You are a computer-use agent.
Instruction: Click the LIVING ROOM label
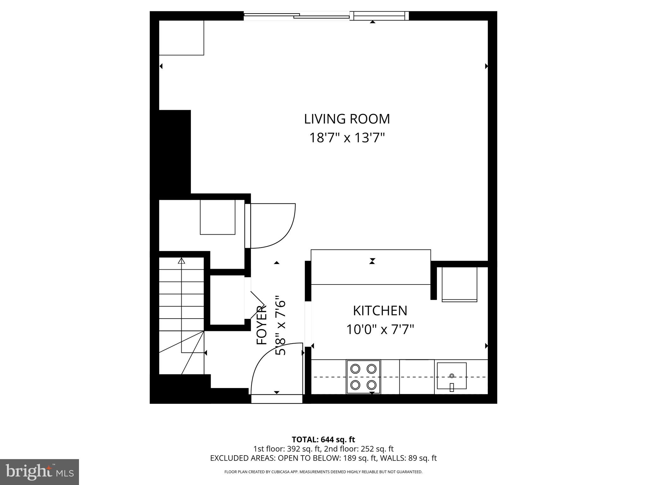coord(347,119)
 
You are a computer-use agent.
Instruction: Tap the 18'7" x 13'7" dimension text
coord(347,138)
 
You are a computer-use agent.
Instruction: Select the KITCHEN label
coord(380,311)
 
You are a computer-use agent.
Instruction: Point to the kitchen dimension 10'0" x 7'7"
coord(380,330)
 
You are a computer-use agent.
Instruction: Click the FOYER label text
coord(262,325)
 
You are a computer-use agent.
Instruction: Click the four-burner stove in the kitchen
coord(363,377)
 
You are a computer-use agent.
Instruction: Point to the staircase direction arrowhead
coord(181,261)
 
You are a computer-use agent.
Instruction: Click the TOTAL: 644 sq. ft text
coord(323,440)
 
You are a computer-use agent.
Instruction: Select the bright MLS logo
coord(39,472)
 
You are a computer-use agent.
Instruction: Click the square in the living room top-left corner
coord(181,38)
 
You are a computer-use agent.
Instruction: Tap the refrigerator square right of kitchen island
coord(459,284)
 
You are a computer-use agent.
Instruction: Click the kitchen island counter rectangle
coord(371,267)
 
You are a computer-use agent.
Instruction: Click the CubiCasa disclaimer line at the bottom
coord(323,472)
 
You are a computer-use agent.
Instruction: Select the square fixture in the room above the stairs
coord(217,217)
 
